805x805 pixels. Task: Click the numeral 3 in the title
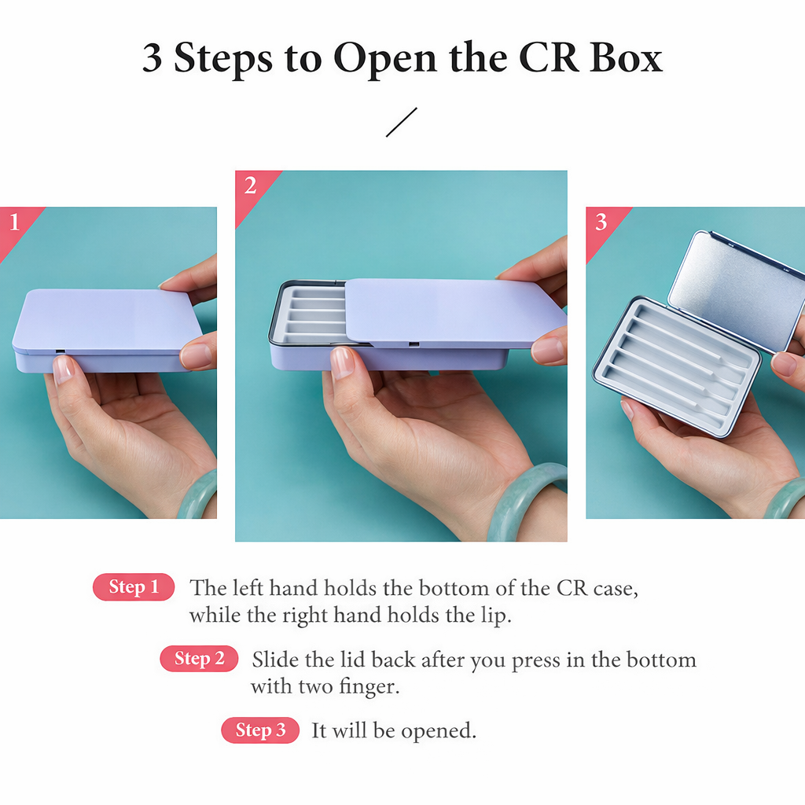153,58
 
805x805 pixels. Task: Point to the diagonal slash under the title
401,123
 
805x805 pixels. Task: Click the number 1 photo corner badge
13,222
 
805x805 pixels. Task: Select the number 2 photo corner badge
251,186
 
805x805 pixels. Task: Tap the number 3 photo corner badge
601,222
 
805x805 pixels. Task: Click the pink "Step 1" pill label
134,587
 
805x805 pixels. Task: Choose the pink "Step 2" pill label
199,659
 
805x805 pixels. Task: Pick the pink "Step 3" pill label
260,730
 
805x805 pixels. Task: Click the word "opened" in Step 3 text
437,730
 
